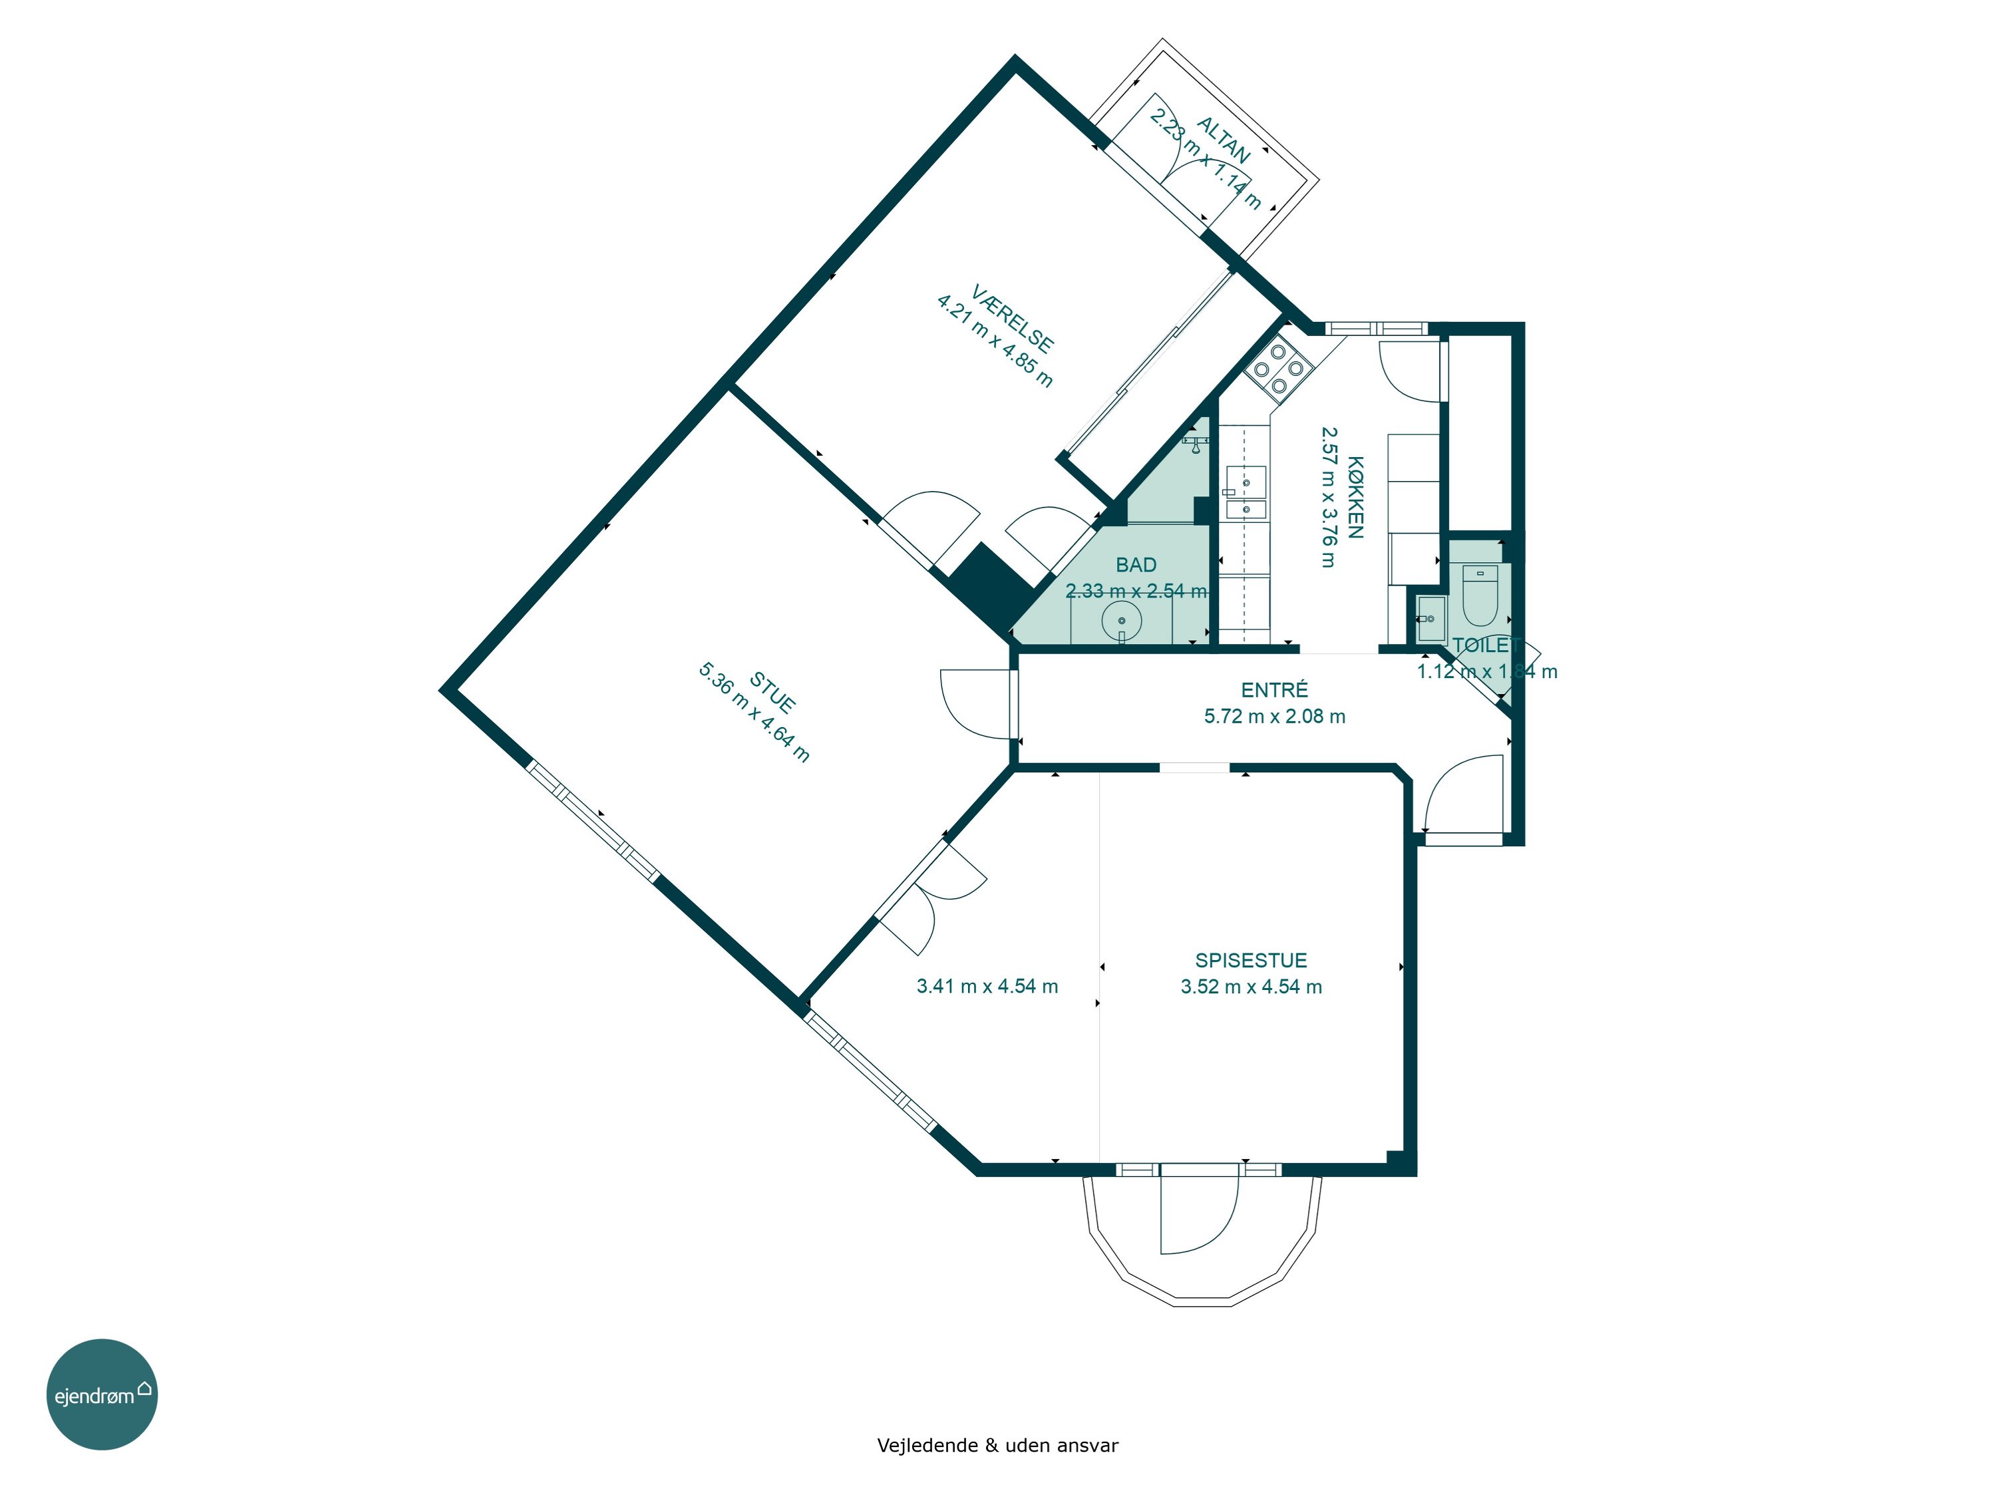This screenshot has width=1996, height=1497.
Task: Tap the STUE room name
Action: (772, 691)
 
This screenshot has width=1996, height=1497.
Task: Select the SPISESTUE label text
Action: (1251, 960)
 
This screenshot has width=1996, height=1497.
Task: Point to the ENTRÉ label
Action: (1274, 691)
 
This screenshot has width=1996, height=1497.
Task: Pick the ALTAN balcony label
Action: (1224, 140)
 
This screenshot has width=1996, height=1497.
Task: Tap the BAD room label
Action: (1136, 565)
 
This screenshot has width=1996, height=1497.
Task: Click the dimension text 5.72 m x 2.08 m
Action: (1274, 717)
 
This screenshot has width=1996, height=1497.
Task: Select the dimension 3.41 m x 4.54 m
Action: (987, 986)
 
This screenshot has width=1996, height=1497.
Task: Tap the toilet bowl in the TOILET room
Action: (1480, 595)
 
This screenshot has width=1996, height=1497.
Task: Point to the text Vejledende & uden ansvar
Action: (997, 1446)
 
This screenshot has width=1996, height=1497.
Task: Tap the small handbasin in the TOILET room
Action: (1431, 619)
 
